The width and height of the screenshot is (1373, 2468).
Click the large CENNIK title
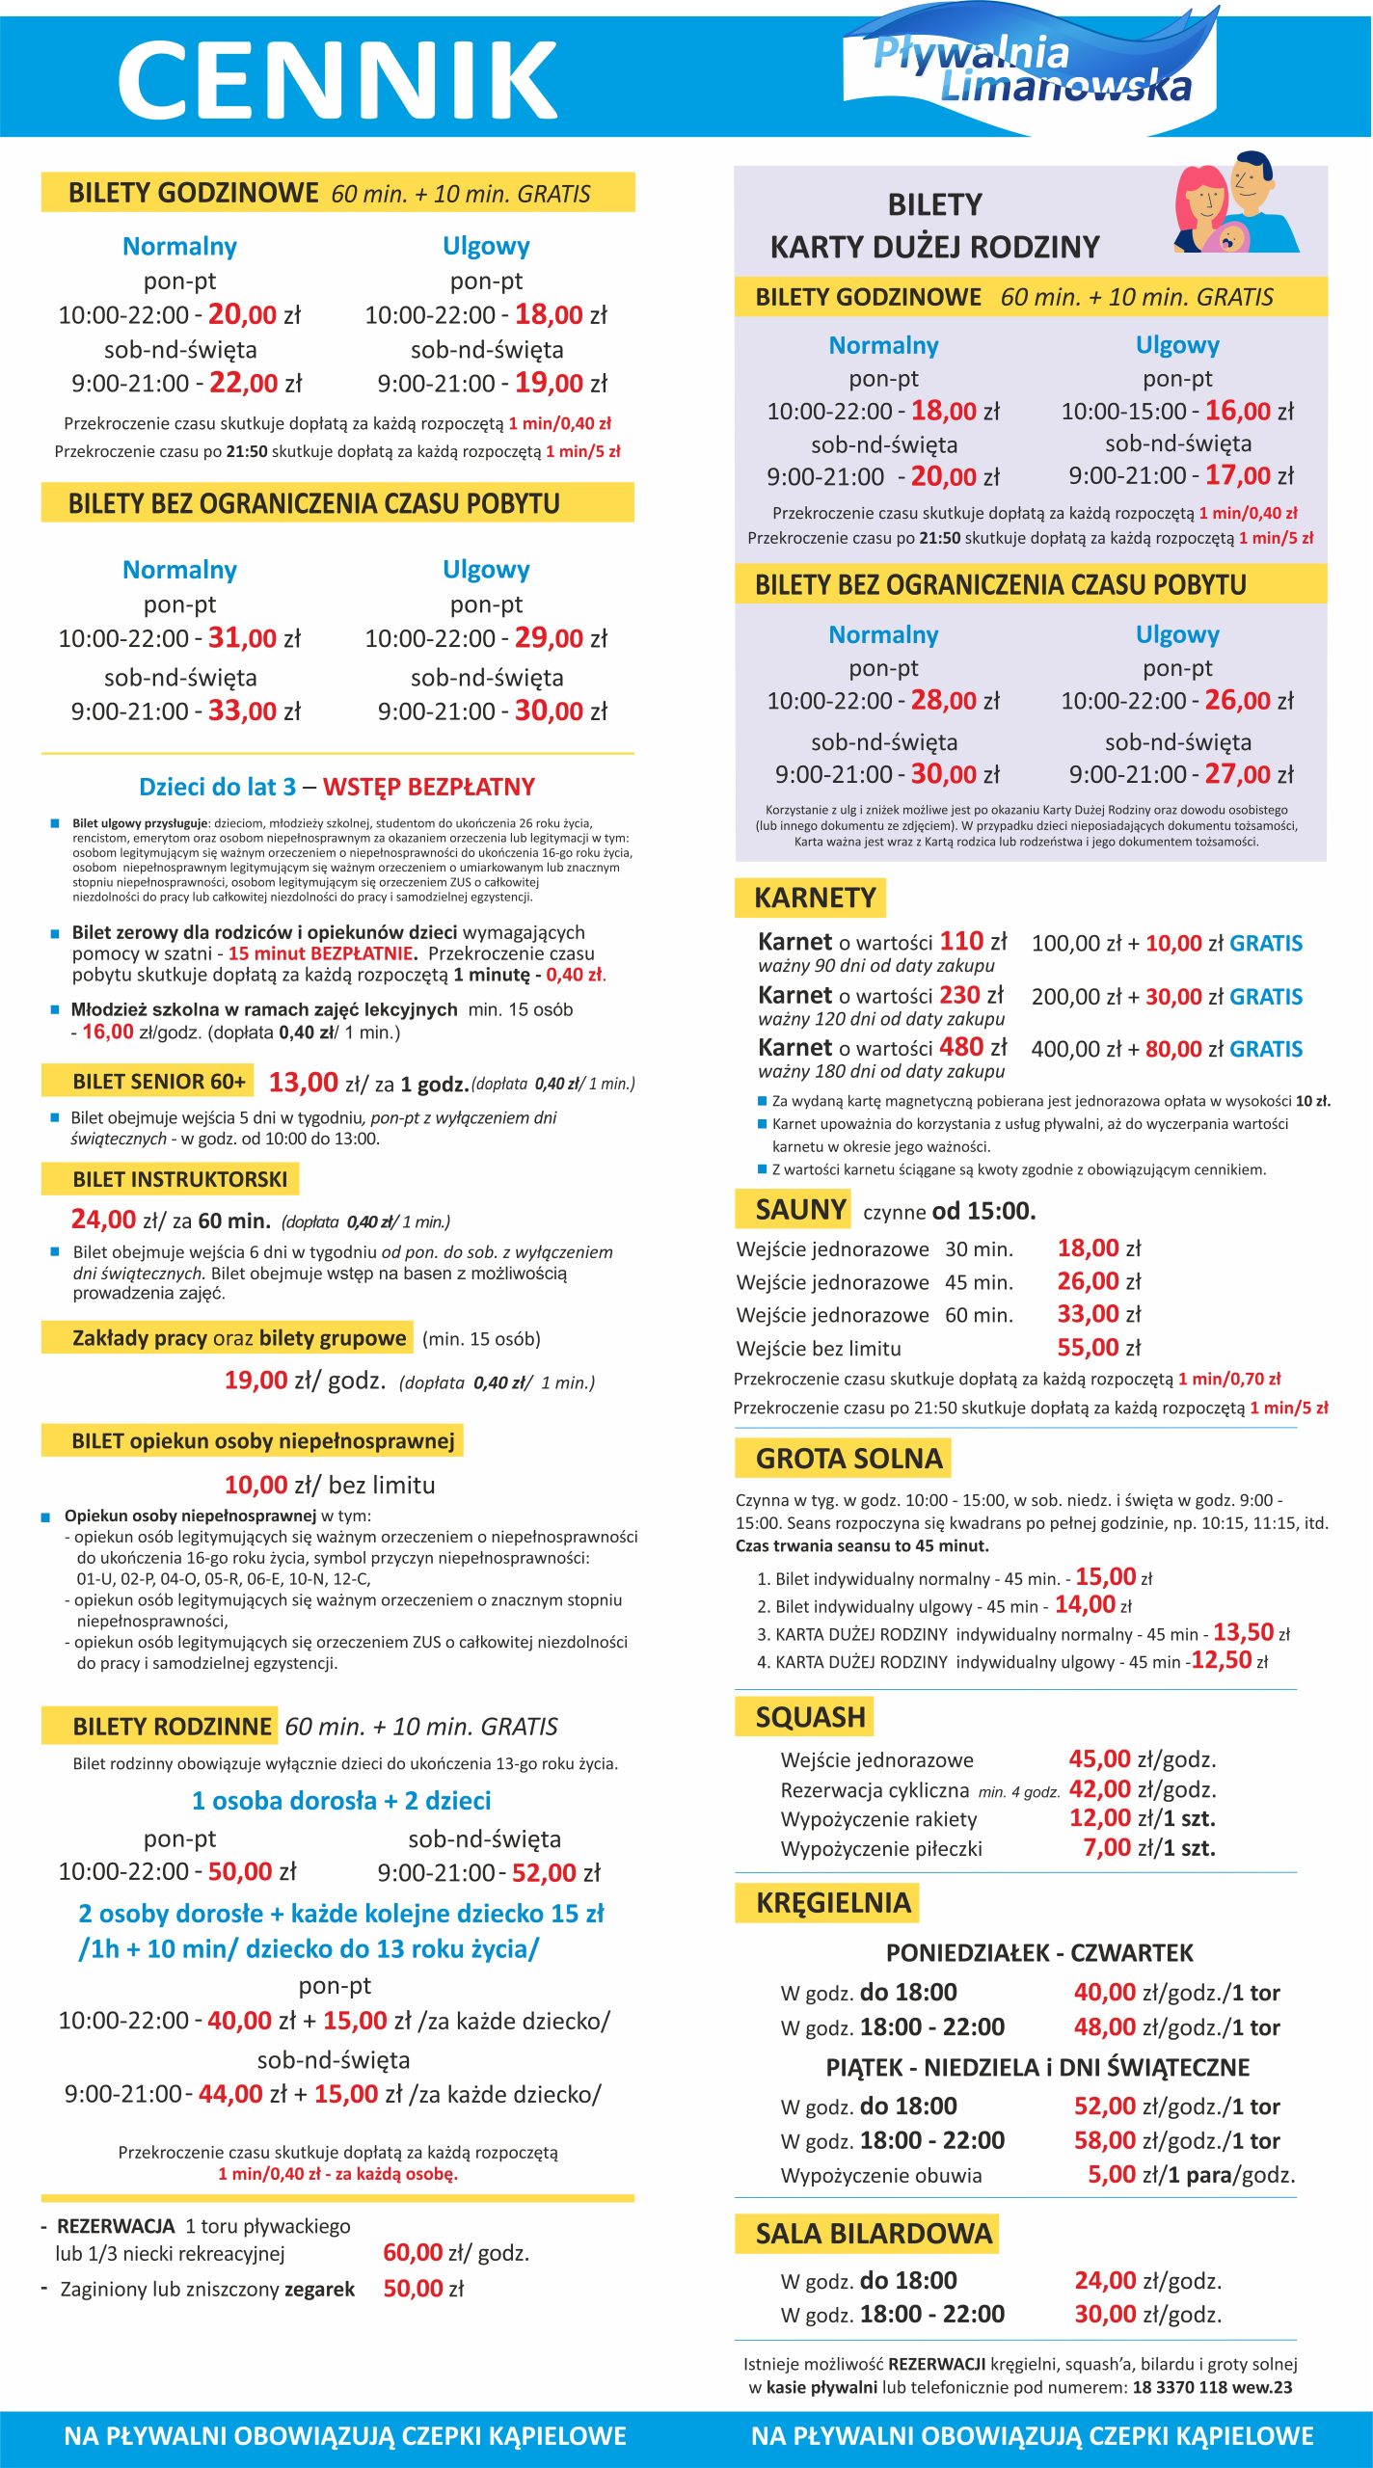pyautogui.click(x=337, y=79)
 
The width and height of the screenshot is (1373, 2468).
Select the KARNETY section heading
pyautogui.click(x=815, y=898)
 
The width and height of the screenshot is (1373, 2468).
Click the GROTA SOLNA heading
pyautogui.click(x=848, y=1459)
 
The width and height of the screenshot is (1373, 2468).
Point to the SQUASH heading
pyautogui.click(x=810, y=1717)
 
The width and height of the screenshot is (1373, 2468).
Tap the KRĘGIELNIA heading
pyautogui.click(x=833, y=1902)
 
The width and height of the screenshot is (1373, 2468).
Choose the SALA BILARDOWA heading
pyautogui.click(x=874, y=2233)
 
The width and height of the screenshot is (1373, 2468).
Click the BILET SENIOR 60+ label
pyautogui.click(x=159, y=1082)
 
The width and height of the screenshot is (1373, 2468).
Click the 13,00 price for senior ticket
pyautogui.click(x=303, y=1083)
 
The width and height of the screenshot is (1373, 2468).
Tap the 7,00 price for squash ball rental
pyautogui.click(x=1107, y=1848)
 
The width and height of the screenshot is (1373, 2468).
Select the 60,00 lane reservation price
pyautogui.click(x=413, y=2253)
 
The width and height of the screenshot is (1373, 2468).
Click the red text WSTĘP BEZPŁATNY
pyautogui.click(x=428, y=787)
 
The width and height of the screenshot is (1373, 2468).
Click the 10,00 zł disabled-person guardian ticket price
pyautogui.click(x=256, y=1485)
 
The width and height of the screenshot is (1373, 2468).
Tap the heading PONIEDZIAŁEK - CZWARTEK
pyautogui.click(x=1039, y=1952)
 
